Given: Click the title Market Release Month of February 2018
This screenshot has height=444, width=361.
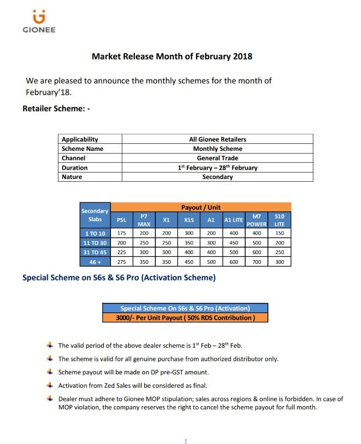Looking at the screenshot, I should click(172, 56).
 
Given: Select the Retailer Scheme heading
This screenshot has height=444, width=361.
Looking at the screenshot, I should click(56, 109).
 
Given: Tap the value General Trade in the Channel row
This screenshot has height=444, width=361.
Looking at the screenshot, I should click(218, 158).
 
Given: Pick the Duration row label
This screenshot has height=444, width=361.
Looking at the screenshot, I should click(74, 168).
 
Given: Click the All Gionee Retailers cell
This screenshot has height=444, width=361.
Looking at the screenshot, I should click(218, 139).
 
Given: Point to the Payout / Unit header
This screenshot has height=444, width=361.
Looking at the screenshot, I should click(201, 207).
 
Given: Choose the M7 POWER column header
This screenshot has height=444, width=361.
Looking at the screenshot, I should click(257, 220).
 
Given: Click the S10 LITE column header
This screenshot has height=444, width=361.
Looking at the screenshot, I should click(279, 220).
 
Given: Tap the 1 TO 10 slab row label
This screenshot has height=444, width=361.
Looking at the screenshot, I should click(95, 233).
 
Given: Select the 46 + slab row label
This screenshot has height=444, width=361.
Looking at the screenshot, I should click(95, 262).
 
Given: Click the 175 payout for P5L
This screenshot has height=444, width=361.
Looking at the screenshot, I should click(122, 233).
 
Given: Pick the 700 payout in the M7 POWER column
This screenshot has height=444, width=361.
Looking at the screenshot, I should click(257, 262).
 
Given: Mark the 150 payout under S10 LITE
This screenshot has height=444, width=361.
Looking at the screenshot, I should click(279, 233).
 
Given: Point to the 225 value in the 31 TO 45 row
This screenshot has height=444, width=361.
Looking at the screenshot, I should click(122, 253).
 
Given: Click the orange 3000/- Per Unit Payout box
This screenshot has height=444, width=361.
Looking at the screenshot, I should click(185, 317).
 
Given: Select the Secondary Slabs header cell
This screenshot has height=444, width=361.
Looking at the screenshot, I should click(95, 215).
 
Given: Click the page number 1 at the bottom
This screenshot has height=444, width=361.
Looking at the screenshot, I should click(185, 441).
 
